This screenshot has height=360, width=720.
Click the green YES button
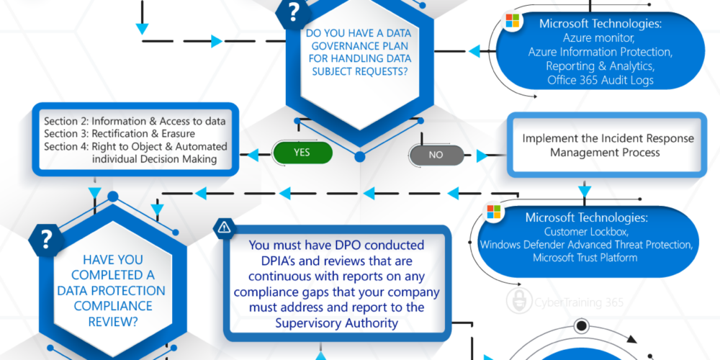point(302,153)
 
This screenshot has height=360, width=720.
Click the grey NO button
point(436,156)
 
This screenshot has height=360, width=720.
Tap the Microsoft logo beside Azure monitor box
point(512,21)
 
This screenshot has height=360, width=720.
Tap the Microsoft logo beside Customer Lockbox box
point(494,212)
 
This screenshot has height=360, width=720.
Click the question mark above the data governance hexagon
point(294,13)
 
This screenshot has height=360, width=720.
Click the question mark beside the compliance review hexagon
point(46,240)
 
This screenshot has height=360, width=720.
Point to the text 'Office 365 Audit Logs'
point(600,80)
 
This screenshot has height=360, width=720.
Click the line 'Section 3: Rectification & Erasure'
point(120,134)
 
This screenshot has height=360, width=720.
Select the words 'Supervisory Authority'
point(336,323)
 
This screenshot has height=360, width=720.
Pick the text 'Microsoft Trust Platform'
point(585,257)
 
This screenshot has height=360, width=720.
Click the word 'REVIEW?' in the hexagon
point(113,322)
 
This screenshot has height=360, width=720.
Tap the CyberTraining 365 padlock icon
point(519,301)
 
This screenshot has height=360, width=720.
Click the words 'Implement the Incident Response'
point(608,138)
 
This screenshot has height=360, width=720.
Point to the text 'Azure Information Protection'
point(600,52)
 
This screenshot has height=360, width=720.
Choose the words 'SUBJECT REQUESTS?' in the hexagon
point(359,71)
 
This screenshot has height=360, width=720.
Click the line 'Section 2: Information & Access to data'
point(135,122)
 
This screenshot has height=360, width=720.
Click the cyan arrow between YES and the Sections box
point(253,156)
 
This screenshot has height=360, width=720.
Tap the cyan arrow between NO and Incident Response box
point(482,156)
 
